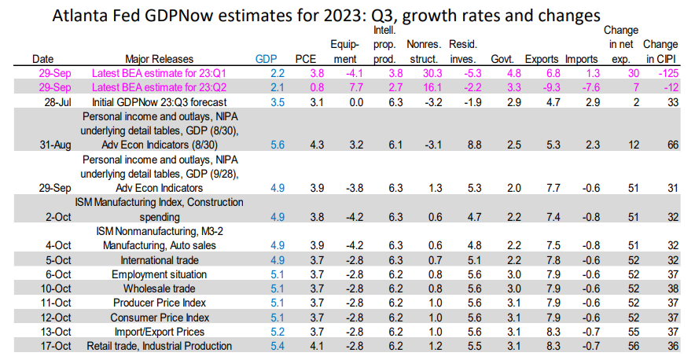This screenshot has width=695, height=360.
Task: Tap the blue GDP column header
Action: tap(267, 58)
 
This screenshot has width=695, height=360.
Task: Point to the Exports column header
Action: tap(541, 58)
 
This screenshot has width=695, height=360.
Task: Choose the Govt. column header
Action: tap(502, 58)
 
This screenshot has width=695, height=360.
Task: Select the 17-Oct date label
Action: tap(49, 345)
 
